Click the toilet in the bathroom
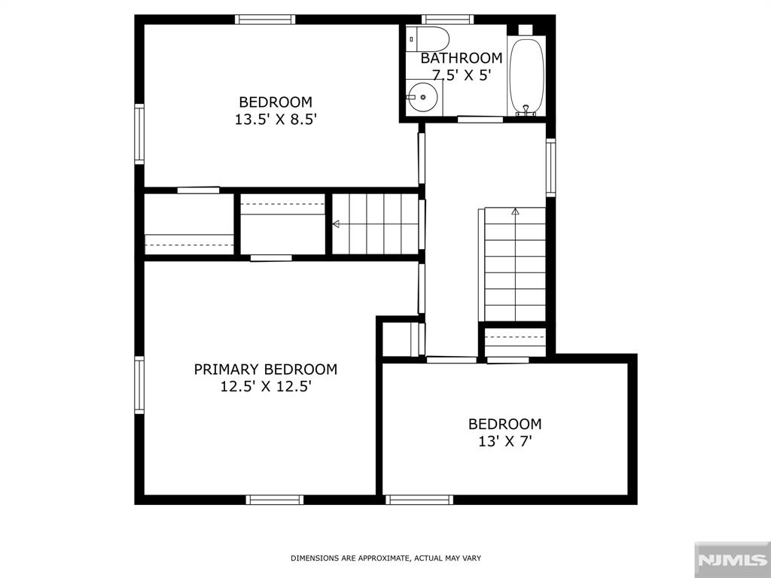pos(428,39)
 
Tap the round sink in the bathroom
pos(422,97)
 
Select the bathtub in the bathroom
pos(526,76)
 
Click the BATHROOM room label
pos(462,58)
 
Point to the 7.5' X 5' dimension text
pos(462,75)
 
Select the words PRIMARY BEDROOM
pos(266,369)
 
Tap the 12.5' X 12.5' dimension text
pos(266,387)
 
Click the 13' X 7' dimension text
pos(505,441)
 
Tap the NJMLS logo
pos(732,560)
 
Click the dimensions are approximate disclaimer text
pos(385,558)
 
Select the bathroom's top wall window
pos(447,20)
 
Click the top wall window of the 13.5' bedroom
pos(265,20)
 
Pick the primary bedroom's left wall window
pos(139,385)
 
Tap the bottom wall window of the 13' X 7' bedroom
pos(419,500)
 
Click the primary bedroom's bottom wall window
pos(275,500)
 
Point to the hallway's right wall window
pos(550,168)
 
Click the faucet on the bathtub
pos(526,110)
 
